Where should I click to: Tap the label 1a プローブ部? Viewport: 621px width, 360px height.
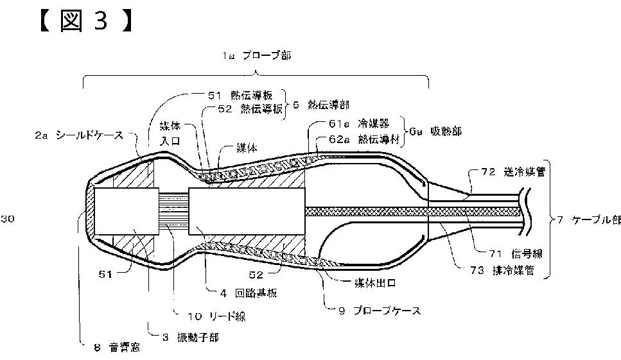point(256,56)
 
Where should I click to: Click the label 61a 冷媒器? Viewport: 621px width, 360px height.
point(356,124)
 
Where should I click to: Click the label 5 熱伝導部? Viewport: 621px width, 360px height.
point(322,103)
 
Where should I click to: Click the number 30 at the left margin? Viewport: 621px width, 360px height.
point(7,219)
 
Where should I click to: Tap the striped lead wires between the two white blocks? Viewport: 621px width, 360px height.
point(174,211)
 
